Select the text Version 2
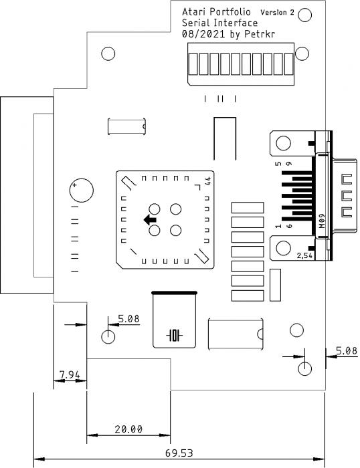(x=277, y=12)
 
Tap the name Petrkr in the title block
(x=260, y=34)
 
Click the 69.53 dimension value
(x=179, y=453)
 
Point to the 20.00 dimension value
(x=128, y=429)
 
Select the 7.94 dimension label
(x=70, y=374)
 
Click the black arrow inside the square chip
(x=150, y=220)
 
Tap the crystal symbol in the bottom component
(x=175, y=335)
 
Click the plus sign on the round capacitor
(x=74, y=185)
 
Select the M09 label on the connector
(x=322, y=221)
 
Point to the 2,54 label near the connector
(x=304, y=255)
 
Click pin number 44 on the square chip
(x=208, y=181)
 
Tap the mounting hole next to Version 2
(x=304, y=15)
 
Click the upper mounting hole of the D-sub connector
(x=283, y=143)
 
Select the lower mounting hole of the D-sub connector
(x=283, y=248)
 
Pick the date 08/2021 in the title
(x=203, y=34)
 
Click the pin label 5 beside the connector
(x=278, y=164)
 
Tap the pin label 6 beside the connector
(x=289, y=226)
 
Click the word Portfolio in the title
(x=230, y=12)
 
